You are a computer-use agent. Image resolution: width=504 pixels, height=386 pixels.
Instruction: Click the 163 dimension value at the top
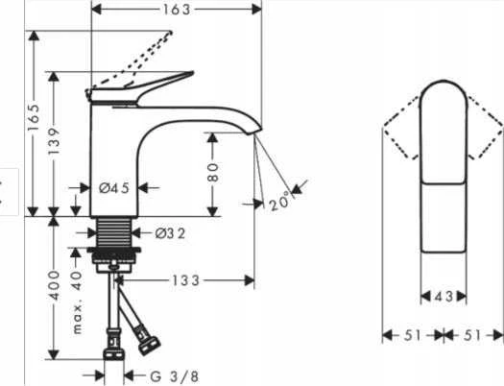[x=177, y=10]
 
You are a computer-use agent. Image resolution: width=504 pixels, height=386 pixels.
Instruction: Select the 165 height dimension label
[x=34, y=117]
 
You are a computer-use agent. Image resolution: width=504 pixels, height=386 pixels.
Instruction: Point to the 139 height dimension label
[x=54, y=141]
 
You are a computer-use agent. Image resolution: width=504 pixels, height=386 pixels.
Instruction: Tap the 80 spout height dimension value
[x=212, y=172]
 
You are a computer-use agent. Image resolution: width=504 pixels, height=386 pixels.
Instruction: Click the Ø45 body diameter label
[x=114, y=187]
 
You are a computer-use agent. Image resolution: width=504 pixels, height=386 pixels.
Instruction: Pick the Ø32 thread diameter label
[x=170, y=233]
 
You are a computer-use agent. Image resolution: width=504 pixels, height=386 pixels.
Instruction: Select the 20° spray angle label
[x=279, y=202]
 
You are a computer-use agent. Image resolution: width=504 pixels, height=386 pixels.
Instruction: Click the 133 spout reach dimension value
[x=186, y=280]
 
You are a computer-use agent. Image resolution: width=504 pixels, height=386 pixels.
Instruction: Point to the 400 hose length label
[x=54, y=285]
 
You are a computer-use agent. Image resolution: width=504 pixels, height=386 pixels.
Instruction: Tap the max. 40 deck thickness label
[x=77, y=302]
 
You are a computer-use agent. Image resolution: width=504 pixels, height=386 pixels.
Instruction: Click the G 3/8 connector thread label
[x=174, y=376]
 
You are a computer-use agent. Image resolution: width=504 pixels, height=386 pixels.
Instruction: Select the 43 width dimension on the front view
[x=444, y=297]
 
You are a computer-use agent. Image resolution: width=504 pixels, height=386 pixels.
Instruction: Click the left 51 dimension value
[x=413, y=335]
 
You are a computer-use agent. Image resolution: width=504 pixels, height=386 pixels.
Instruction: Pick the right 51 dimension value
[x=472, y=335]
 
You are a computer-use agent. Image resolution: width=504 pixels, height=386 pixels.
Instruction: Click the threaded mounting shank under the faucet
[x=114, y=232]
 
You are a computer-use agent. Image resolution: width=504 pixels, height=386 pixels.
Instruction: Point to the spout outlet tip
[x=254, y=132]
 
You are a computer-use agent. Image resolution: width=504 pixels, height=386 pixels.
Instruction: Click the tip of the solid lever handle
[x=193, y=72]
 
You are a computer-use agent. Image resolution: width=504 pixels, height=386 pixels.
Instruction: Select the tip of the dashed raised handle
[x=171, y=32]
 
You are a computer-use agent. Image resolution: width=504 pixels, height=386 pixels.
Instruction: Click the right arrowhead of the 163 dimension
[x=257, y=10]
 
